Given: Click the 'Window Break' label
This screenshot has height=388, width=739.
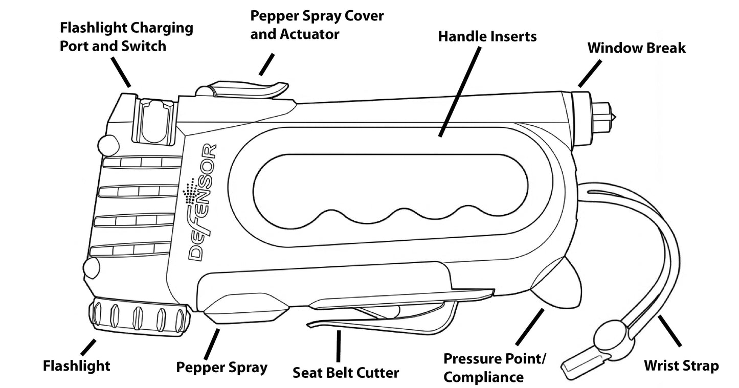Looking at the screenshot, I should tap(636, 48).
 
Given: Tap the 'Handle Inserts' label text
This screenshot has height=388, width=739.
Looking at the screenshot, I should tap(487, 37).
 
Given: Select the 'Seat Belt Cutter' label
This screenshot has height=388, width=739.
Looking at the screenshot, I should tap(345, 372).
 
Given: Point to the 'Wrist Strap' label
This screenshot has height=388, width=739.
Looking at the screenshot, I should tap(681, 366).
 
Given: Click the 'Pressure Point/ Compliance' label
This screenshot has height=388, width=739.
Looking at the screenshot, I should tap(494, 367).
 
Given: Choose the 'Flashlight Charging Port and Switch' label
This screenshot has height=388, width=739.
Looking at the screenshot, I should tap(126, 37).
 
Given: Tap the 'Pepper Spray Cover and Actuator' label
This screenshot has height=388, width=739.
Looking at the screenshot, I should tap(317, 25).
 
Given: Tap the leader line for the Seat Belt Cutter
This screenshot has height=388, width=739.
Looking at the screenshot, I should tap(338, 347).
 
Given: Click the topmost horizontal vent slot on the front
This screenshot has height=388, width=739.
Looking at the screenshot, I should tap(142, 163).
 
